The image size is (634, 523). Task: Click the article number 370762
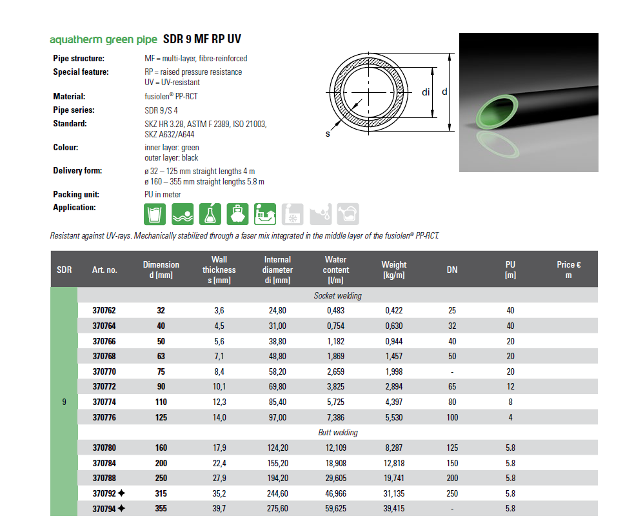point(104,310)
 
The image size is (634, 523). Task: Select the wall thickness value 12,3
point(219,402)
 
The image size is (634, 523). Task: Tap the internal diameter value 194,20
point(277,478)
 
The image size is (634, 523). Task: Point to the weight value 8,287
point(393,448)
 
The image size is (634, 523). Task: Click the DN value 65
point(452,386)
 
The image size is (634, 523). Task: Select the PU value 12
point(510,386)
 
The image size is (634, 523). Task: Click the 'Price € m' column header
point(568,270)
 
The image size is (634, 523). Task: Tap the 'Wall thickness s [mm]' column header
point(219,270)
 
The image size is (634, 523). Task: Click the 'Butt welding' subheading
point(337,432)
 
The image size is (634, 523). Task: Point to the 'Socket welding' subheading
point(337,295)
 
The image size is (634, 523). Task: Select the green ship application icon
point(239,213)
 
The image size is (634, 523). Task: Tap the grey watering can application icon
point(348,213)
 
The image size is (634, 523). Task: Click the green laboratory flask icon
point(211,213)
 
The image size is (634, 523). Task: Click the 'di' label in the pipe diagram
point(426,92)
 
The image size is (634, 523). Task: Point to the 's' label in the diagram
point(328,134)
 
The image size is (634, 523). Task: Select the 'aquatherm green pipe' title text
point(99,40)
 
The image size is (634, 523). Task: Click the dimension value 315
point(161,493)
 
